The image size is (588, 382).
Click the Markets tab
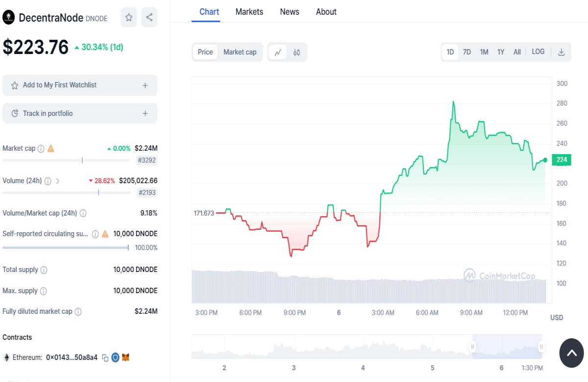249,12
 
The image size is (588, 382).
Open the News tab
290,12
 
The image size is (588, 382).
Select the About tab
326,12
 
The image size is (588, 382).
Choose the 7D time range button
466,52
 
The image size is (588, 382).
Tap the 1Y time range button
501,52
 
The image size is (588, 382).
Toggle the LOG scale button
538,52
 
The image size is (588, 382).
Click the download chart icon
561,52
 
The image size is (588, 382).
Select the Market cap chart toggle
240,52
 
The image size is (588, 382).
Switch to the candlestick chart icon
296,53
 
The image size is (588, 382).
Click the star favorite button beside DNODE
128,17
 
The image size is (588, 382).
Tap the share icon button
149,17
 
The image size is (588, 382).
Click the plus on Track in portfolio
145,113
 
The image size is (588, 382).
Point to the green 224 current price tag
562,160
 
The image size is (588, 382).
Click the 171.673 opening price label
204,213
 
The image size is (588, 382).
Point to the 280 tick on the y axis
562,103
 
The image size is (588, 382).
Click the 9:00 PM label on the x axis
294,313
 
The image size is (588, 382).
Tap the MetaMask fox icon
126,357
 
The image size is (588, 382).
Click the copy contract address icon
105,358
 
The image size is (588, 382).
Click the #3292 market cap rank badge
147,160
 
